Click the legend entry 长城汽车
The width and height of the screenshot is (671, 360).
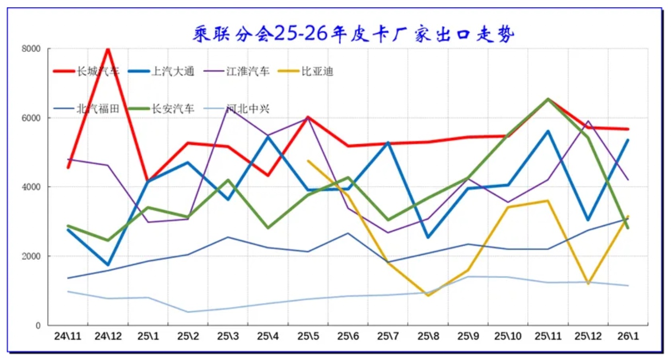coord(98,72)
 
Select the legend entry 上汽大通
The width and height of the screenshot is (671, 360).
coord(173,72)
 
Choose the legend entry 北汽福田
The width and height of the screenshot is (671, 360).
coord(98,109)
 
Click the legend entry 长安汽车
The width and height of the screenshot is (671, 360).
coord(173,109)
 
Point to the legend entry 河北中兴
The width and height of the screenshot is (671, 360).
coord(248,109)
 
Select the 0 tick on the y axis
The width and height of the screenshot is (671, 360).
coord(37,326)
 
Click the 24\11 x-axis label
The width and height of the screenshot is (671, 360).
coord(68,336)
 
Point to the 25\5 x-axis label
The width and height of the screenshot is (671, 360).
coord(308,336)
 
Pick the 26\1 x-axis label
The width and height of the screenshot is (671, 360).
coord(628,336)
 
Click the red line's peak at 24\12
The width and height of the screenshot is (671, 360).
coord(108,49)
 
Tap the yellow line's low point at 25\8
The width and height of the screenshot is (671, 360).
coord(428,295)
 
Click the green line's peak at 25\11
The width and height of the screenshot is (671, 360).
coord(548,99)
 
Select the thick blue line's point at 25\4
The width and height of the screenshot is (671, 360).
coord(268,137)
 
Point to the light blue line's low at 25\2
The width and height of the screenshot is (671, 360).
coord(188,312)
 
